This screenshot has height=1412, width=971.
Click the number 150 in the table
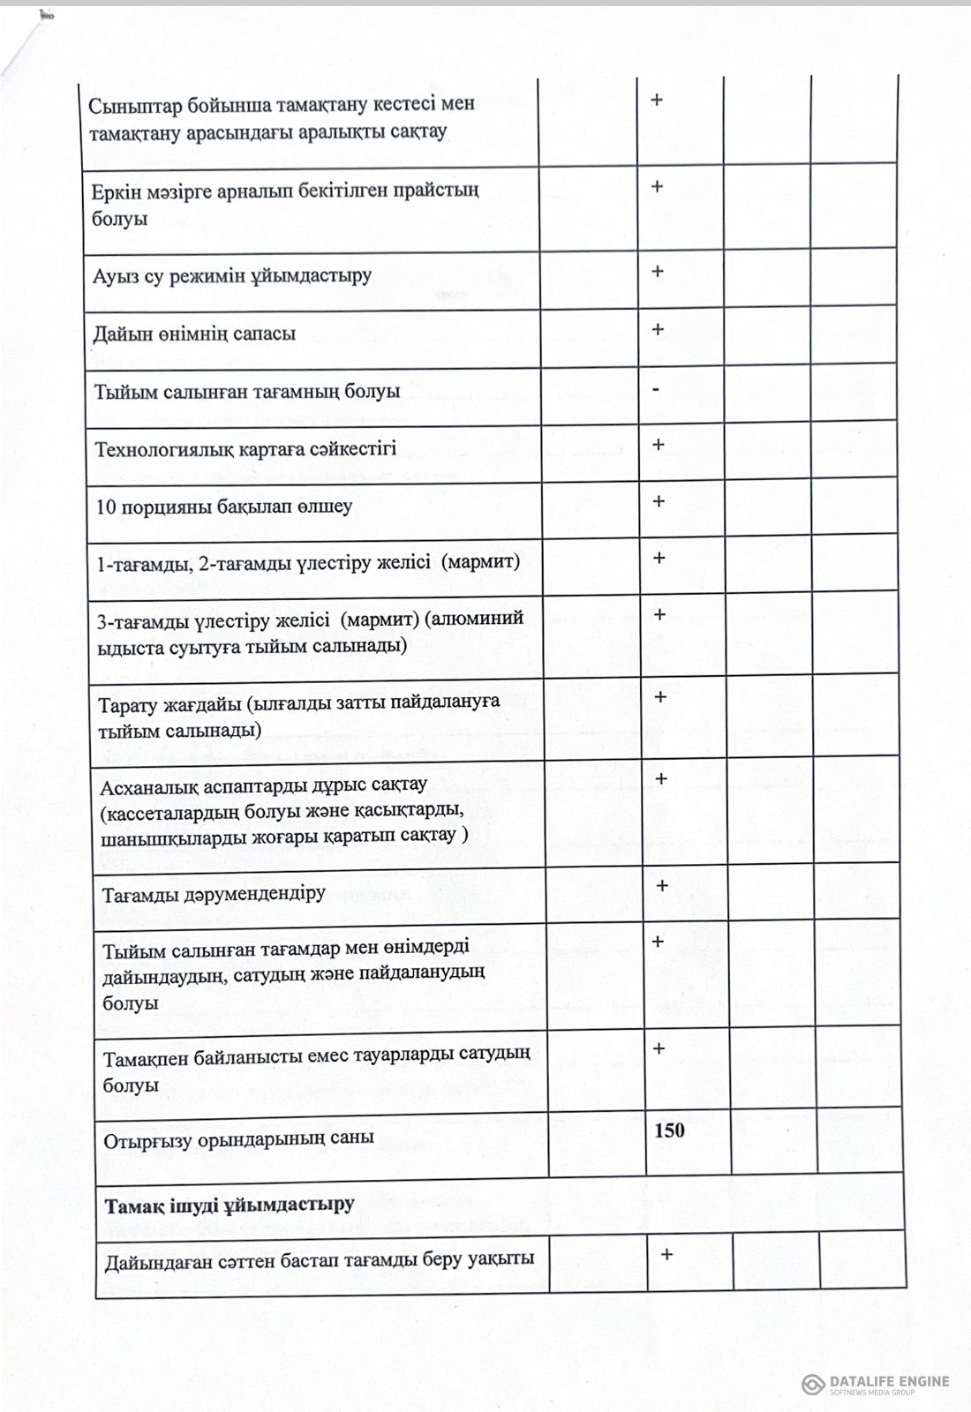[x=669, y=1130]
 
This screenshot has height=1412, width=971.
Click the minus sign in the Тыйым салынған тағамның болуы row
[x=656, y=388]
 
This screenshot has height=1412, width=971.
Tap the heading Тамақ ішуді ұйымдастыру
[x=230, y=1205]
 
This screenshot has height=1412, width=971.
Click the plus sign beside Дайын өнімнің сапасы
[x=657, y=330]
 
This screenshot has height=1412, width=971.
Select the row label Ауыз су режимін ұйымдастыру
[x=232, y=275]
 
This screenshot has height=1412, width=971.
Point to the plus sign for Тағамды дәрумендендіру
[x=662, y=885]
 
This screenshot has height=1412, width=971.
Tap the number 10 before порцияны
[x=106, y=507]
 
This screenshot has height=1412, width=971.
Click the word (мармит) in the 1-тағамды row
[x=480, y=561]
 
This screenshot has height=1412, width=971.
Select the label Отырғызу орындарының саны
[x=238, y=1138]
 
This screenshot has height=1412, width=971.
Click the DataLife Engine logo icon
[x=813, y=1384]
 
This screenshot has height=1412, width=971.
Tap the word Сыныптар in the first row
[x=132, y=104]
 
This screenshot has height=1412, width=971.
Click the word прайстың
[x=437, y=190]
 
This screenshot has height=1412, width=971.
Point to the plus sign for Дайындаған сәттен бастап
[x=666, y=1253]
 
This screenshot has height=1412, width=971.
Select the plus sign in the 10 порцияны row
[x=659, y=501]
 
